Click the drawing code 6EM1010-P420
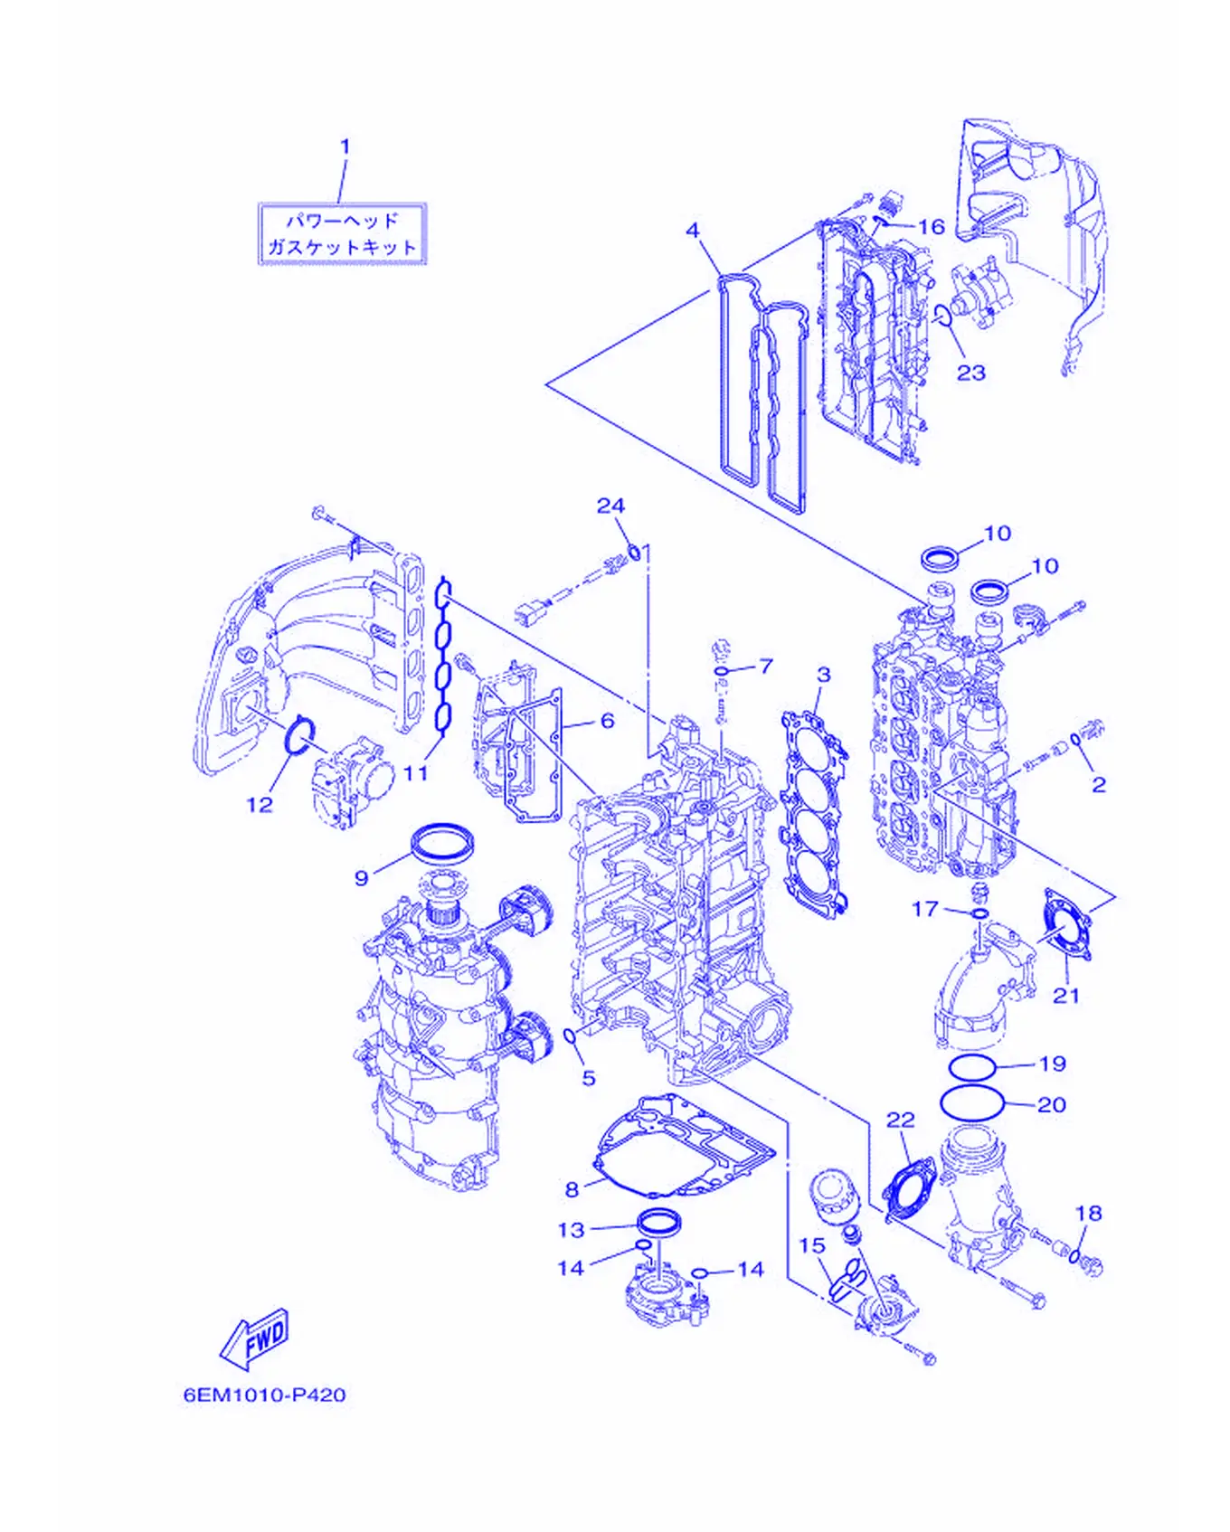(265, 1395)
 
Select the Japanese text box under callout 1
(342, 234)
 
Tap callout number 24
(610, 506)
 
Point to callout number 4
(693, 231)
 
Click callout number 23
(971, 372)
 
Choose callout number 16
(932, 226)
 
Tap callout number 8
(572, 1189)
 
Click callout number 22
(901, 1120)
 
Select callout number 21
(1066, 995)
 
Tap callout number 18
(1089, 1213)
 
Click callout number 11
(415, 773)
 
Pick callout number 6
(608, 721)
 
